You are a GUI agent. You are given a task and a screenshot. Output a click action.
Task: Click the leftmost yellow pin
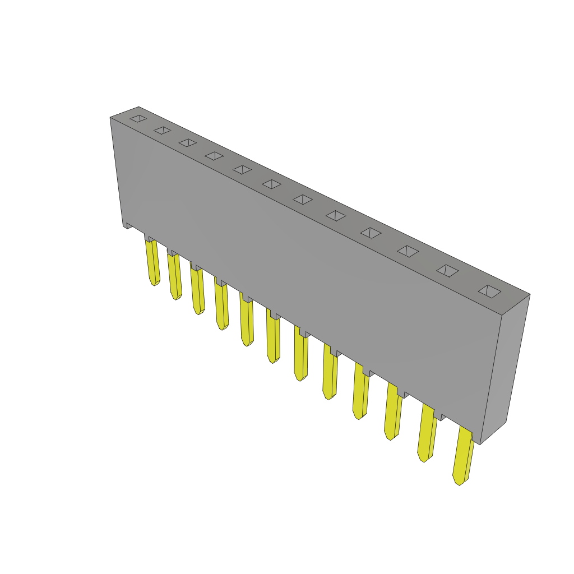pos(152,262)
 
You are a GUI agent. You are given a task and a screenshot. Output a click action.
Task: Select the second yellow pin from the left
pos(174,276)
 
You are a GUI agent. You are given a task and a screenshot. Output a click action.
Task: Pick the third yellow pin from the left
pos(197,291)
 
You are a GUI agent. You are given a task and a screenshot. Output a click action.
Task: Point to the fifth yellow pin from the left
pos(247,323)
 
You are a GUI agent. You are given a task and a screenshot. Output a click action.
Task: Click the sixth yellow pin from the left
pos(273,340)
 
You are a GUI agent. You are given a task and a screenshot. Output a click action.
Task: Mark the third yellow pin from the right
pos(393,411)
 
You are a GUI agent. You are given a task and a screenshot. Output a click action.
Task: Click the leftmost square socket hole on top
pos(138,119)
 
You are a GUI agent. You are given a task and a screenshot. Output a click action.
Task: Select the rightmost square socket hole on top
pos(489,291)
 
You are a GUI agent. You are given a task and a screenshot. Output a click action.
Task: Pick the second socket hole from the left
pos(163,131)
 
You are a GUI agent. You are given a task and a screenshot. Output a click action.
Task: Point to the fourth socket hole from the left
pos(214,156)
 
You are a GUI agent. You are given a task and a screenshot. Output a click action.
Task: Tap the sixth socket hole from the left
pos(271,184)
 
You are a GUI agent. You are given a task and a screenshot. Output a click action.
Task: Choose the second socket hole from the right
pos(447,271)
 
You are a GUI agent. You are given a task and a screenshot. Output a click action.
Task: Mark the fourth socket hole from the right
pos(371,233)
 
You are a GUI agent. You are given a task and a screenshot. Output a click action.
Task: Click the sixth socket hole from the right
pos(303,200)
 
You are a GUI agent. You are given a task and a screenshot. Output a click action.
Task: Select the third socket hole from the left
pos(188,143)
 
